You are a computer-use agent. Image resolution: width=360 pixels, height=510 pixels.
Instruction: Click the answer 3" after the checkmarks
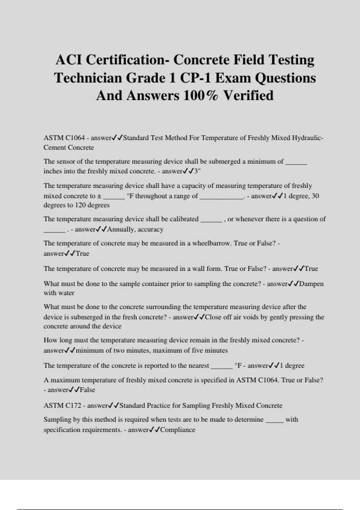point(197,171)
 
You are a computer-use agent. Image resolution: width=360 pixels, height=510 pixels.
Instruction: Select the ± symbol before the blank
point(99,196)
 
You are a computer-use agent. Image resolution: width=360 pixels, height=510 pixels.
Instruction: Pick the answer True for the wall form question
point(311,269)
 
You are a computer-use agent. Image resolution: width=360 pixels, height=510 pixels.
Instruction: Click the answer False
point(87,390)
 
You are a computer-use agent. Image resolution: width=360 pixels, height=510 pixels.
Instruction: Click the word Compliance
point(178,430)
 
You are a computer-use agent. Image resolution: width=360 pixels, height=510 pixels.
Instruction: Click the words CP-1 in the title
point(195,78)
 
